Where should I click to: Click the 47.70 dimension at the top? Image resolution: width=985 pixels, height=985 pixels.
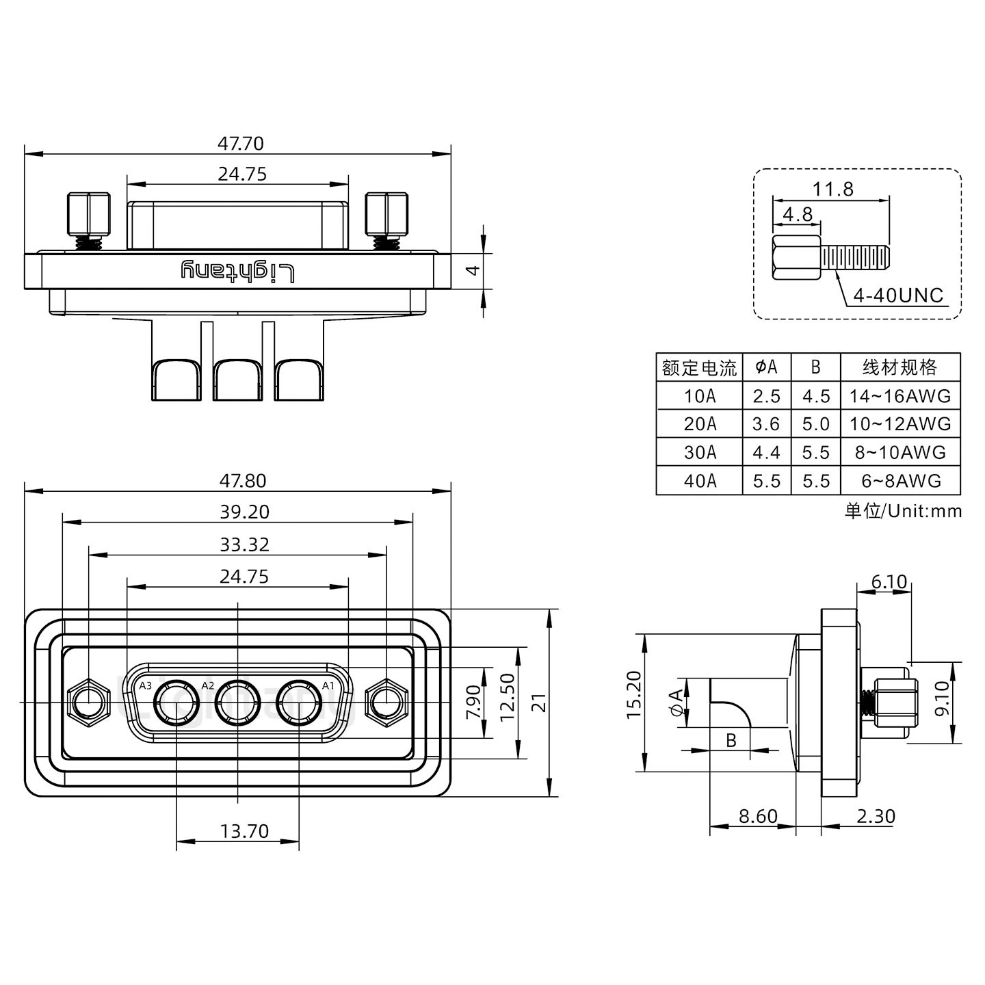point(240,144)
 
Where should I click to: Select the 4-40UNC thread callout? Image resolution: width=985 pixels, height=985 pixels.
point(898,295)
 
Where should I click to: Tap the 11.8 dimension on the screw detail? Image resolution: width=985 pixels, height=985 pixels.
point(832,189)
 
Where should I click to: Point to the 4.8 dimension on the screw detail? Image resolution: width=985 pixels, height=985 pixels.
point(797,214)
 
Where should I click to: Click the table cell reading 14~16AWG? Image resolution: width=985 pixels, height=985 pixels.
point(899,396)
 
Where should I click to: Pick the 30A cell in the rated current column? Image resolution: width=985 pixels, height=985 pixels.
point(699,452)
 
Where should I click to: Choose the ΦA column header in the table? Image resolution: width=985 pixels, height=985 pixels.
point(766,367)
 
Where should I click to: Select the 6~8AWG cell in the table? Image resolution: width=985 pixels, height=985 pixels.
point(899,481)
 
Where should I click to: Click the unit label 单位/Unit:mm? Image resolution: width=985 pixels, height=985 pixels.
point(903,511)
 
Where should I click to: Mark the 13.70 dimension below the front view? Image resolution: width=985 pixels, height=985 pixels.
point(244,831)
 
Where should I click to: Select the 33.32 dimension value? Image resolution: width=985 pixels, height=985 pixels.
point(244,544)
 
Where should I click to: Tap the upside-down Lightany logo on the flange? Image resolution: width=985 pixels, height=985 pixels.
point(237,271)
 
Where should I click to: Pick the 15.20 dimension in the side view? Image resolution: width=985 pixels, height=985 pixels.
point(634,694)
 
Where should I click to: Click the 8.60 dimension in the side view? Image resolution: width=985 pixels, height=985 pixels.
point(758,816)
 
